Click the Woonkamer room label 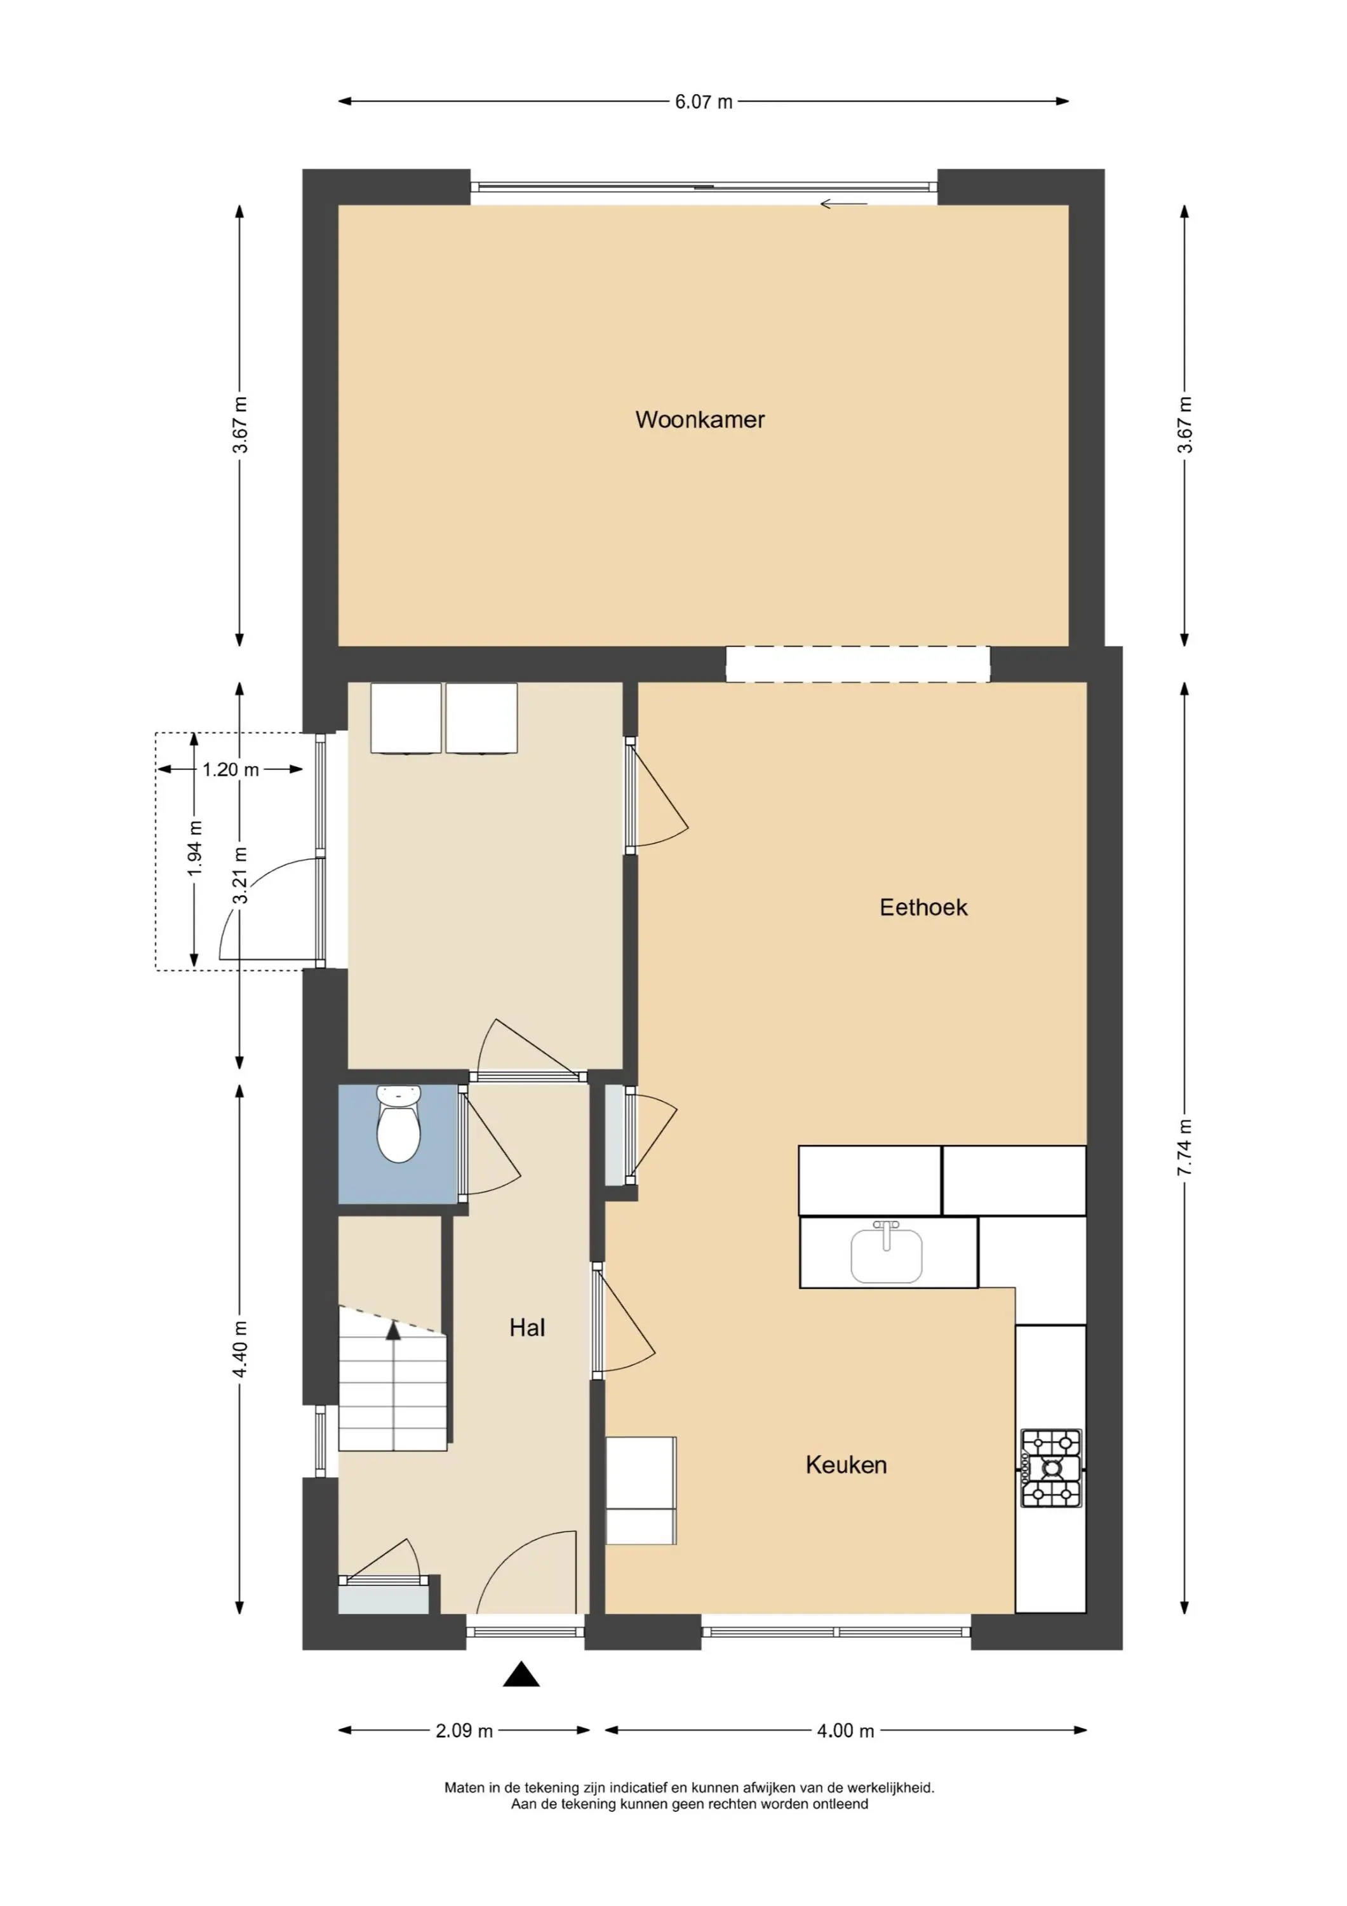(700, 419)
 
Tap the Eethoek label (923, 907)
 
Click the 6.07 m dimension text (703, 102)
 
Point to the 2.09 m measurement (464, 1731)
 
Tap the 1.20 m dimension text (231, 769)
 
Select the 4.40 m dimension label (240, 1348)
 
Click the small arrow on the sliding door (843, 203)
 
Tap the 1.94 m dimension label (195, 848)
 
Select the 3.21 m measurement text (240, 875)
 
